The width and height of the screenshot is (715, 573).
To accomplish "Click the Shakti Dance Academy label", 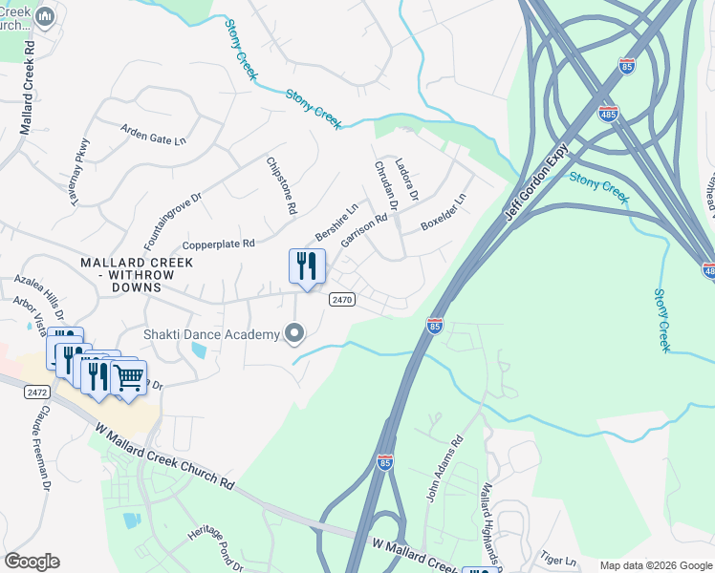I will click(x=210, y=333).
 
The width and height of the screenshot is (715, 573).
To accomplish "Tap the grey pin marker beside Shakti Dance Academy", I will click(x=295, y=333).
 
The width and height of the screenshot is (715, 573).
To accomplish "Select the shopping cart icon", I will click(x=128, y=376).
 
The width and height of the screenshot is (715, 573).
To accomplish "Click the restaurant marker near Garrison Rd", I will click(x=307, y=266).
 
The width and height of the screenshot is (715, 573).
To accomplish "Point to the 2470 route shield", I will click(x=342, y=299).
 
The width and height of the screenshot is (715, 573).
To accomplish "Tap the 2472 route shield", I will click(x=11, y=393).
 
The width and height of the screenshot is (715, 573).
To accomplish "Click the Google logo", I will click(x=32, y=561).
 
